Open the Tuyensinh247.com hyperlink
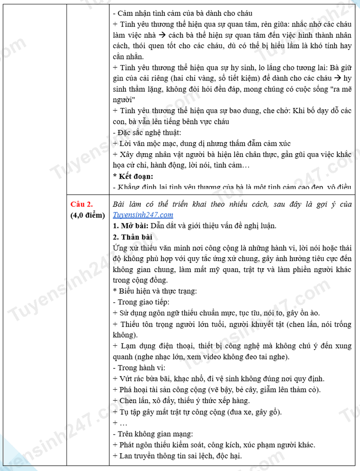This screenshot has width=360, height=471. [x=143, y=215]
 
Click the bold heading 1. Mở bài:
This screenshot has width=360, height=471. [x=131, y=225]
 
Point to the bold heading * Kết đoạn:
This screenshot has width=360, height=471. [x=133, y=176]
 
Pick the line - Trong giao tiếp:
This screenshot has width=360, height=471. [x=141, y=302]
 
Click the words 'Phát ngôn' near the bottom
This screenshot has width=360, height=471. [x=134, y=444]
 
